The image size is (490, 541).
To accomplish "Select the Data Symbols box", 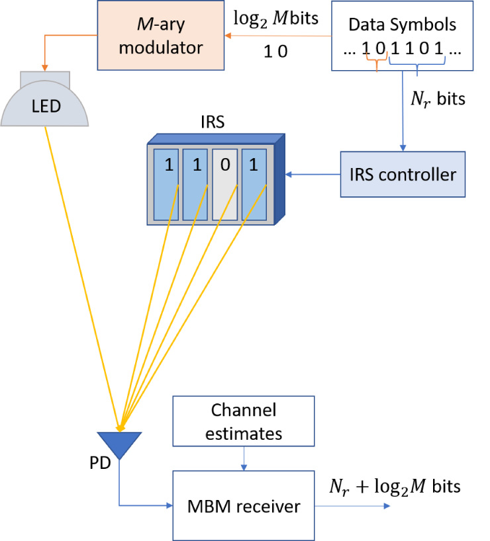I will point(402,35).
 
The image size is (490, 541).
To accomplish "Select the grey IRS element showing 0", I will point(225,183).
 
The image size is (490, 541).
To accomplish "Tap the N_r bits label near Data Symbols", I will point(438,99).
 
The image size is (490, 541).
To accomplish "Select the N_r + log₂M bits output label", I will point(395,487).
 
